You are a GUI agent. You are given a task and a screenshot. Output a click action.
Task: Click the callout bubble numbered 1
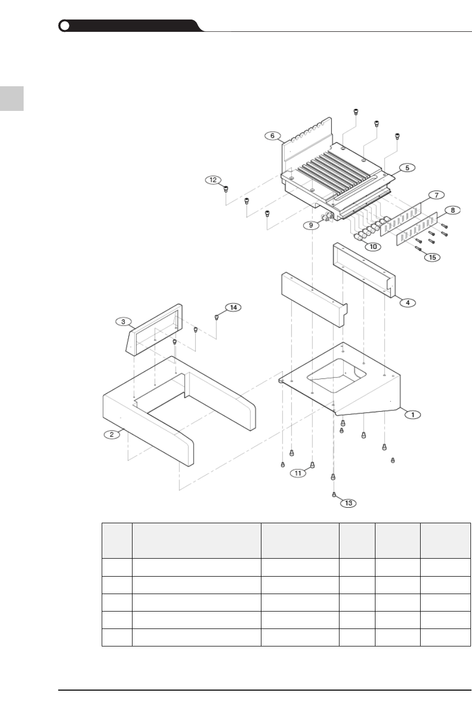[413, 414]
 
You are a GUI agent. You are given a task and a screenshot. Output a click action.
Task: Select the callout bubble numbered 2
[110, 434]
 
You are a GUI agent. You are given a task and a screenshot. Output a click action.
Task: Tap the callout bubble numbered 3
[123, 321]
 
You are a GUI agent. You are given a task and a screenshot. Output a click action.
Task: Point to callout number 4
[407, 303]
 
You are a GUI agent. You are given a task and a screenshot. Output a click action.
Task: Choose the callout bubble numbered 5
[406, 167]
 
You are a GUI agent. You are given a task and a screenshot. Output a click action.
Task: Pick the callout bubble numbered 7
[436, 195]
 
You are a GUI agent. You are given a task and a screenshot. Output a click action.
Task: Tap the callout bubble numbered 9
[311, 225]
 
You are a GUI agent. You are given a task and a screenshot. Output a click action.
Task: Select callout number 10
[373, 246]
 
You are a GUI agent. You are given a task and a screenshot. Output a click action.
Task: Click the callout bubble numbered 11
[299, 473]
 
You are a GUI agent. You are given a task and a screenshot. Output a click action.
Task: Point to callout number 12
[213, 180]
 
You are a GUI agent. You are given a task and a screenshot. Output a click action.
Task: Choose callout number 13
[348, 503]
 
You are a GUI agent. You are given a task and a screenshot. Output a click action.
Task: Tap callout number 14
[233, 307]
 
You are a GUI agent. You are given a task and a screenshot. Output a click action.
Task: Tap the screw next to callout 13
[334, 494]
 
